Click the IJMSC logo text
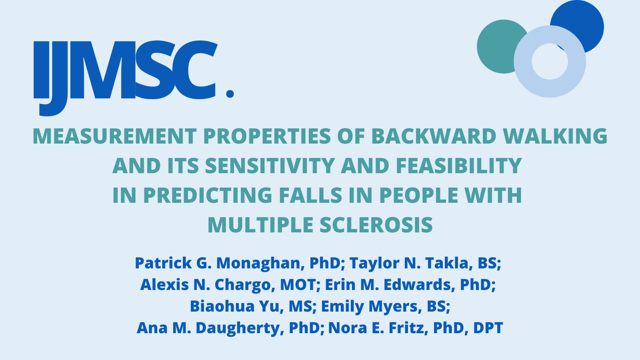pos(124,72)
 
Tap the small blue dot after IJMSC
pos(230,94)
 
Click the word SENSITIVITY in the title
pos(270,166)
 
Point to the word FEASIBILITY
pos(459,166)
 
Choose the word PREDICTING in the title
pos(208,195)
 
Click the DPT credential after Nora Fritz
pos(488,328)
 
